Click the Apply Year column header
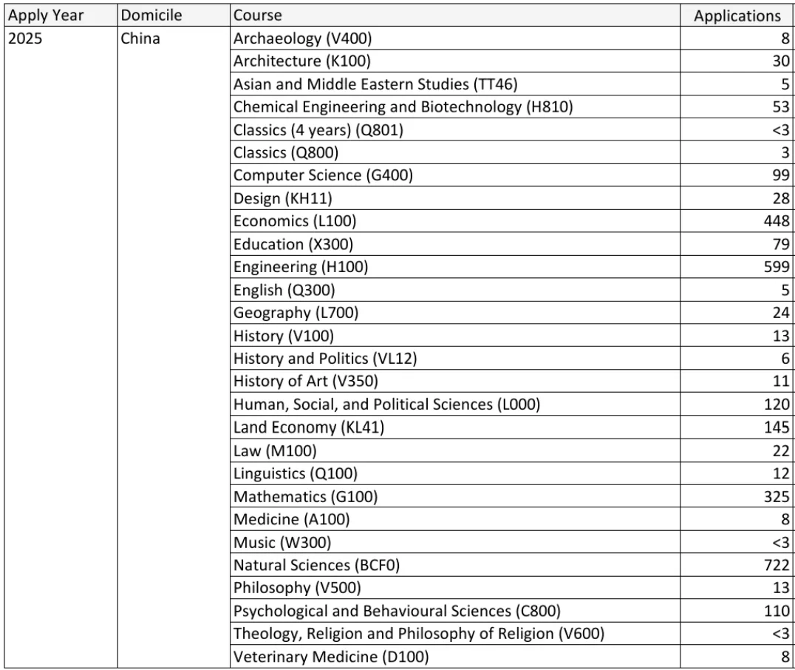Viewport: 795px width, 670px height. tap(45, 16)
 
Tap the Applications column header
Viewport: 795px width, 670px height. tap(737, 16)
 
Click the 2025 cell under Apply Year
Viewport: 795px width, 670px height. tap(25, 38)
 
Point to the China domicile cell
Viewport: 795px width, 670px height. tap(140, 38)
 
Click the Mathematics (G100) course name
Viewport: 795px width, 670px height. tap(305, 496)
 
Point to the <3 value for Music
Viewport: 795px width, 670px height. tap(780, 542)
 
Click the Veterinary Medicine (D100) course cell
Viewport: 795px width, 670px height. tap(330, 657)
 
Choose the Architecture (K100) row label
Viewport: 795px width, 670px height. tap(302, 61)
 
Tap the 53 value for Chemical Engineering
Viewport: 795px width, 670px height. tap(781, 106)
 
